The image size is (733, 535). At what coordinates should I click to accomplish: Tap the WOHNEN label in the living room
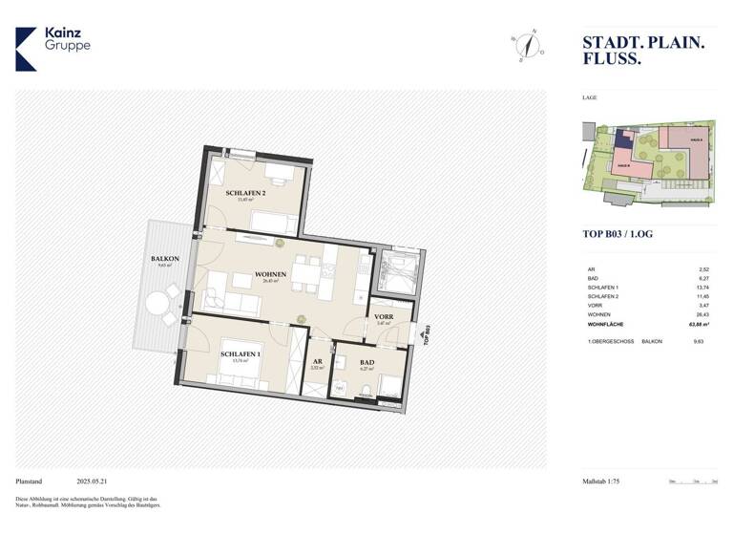(271, 276)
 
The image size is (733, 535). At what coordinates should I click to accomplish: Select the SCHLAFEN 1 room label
(239, 354)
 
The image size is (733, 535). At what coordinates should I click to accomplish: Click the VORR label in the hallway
(384, 316)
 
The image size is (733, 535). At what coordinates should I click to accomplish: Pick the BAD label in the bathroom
(367, 364)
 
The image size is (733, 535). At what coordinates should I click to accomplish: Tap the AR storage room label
(317, 362)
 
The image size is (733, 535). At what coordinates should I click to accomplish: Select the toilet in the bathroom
(366, 388)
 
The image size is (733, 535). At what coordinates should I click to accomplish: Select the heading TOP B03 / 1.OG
(618, 234)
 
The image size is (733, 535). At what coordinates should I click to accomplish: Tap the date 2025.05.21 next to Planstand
(94, 481)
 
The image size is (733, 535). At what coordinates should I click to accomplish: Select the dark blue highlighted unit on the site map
(624, 139)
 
